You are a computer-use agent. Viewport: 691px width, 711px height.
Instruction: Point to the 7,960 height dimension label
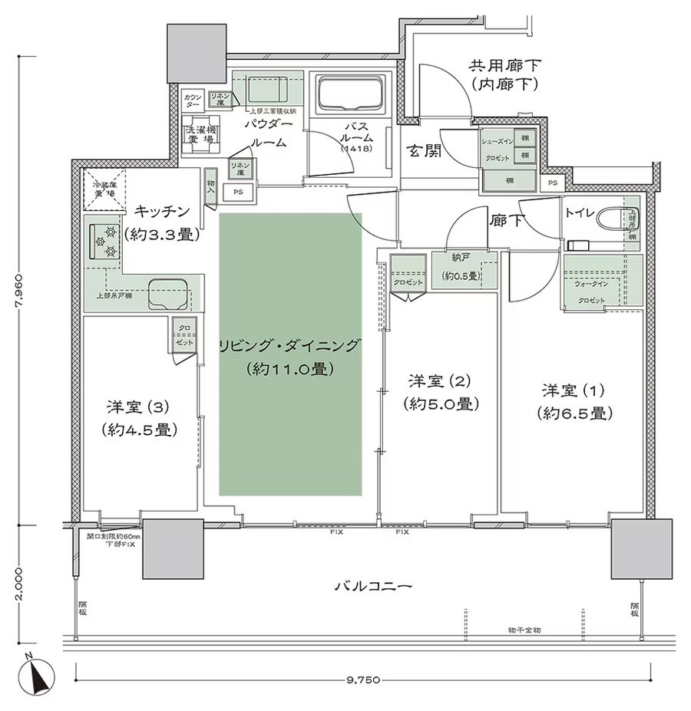[21, 291]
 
